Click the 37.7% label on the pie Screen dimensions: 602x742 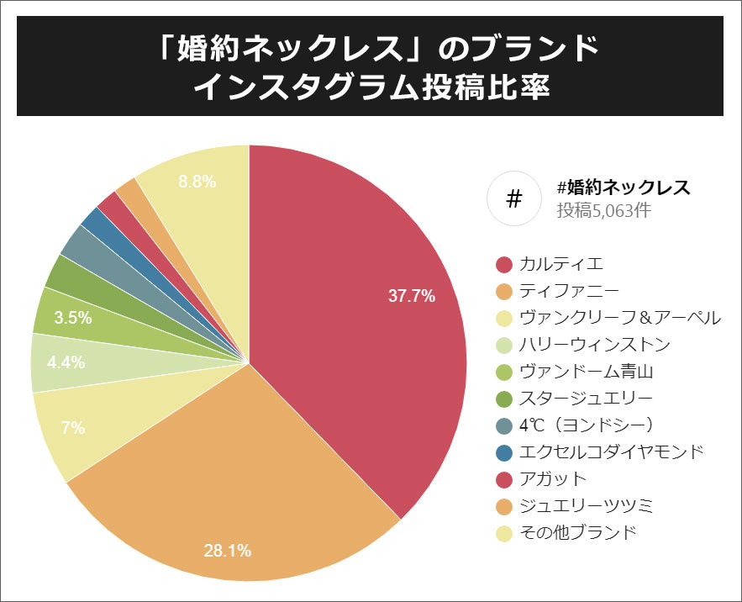point(411,296)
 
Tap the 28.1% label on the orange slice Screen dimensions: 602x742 point(227,552)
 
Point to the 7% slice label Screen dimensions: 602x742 point(73,428)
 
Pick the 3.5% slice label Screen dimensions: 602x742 point(71,318)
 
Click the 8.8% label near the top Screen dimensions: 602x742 point(198,181)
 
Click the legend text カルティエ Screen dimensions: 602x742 point(561,265)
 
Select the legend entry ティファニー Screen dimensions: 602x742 point(569,292)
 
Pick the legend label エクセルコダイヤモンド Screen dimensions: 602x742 point(611,451)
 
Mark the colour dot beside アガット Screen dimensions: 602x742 point(504,479)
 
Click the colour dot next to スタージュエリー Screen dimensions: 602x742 point(504,399)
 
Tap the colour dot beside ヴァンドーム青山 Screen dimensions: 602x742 point(504,372)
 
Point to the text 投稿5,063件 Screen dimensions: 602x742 point(603,210)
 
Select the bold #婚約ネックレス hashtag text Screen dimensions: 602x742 point(623,187)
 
